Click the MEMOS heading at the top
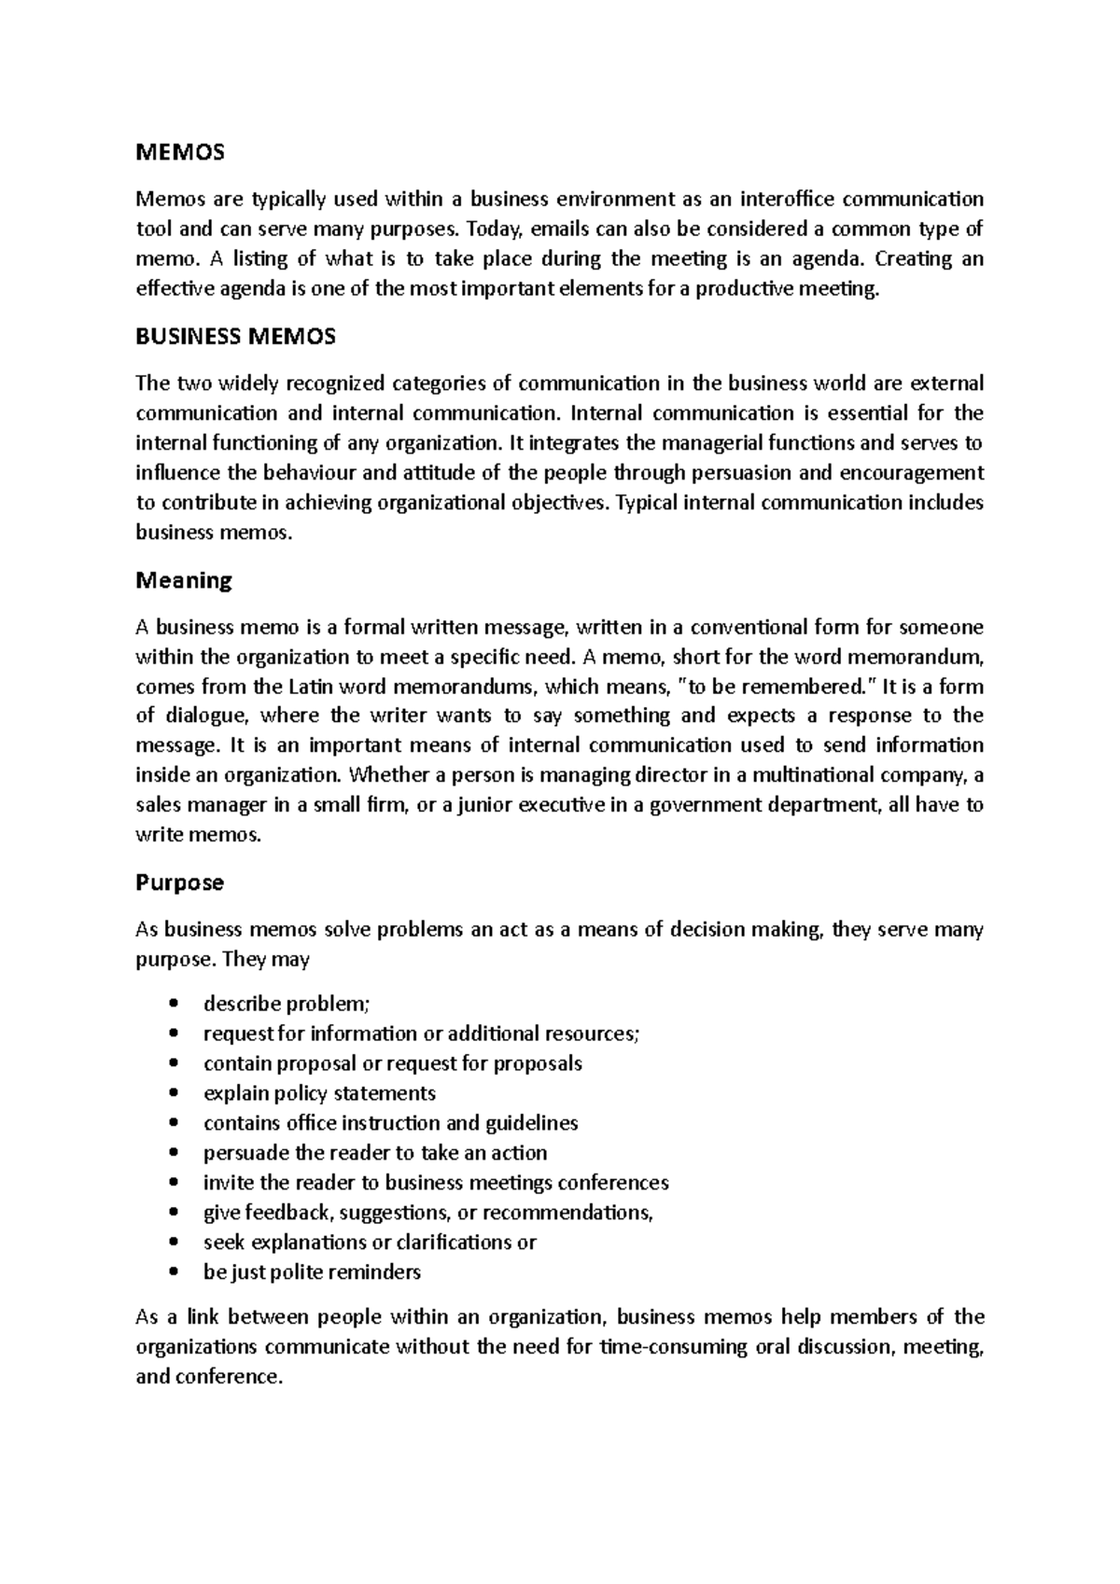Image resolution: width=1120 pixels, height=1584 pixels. click(x=180, y=151)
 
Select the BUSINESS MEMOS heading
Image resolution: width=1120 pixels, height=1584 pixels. click(x=235, y=337)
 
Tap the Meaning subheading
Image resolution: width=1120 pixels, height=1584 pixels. click(x=184, y=580)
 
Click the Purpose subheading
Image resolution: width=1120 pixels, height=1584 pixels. click(x=179, y=882)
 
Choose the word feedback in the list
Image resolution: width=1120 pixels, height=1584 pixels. click(x=288, y=1213)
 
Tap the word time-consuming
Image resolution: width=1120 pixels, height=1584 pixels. click(x=672, y=1347)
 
